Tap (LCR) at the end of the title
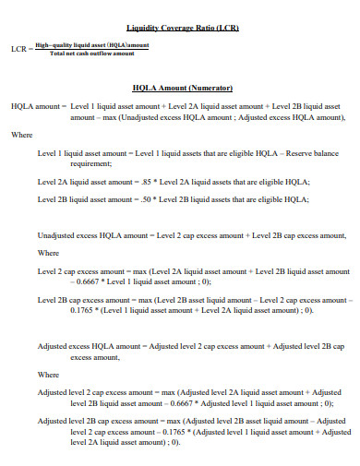[x=227, y=28]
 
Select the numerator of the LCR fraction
[x=92, y=44]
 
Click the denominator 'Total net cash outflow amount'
[x=92, y=54]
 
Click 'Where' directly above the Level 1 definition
[x=21, y=135]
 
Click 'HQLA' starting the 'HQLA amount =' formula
[x=21, y=106]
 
